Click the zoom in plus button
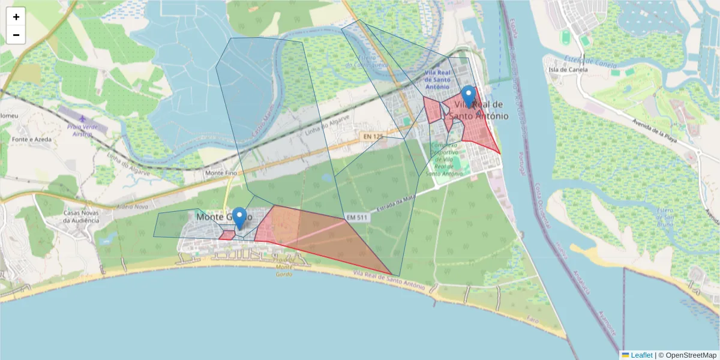pos(16,17)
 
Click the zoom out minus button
pos(16,35)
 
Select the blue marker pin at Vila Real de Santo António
pos(469,97)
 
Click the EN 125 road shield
pos(373,137)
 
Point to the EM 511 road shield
pos(355,217)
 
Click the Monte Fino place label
pos(221,173)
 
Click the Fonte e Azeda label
pos(26,139)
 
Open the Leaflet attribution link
pos(641,355)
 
